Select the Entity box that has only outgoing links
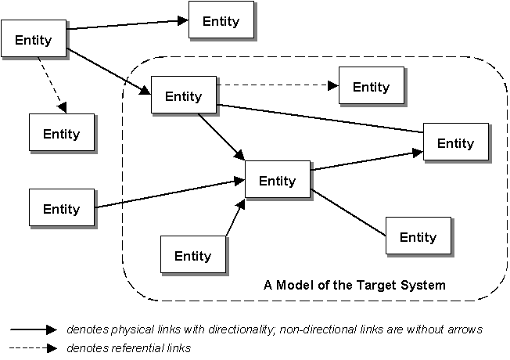34,40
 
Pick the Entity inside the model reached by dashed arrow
370,85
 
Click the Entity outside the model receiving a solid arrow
221,20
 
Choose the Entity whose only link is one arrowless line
418,236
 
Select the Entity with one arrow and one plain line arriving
455,142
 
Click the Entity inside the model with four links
182,95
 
